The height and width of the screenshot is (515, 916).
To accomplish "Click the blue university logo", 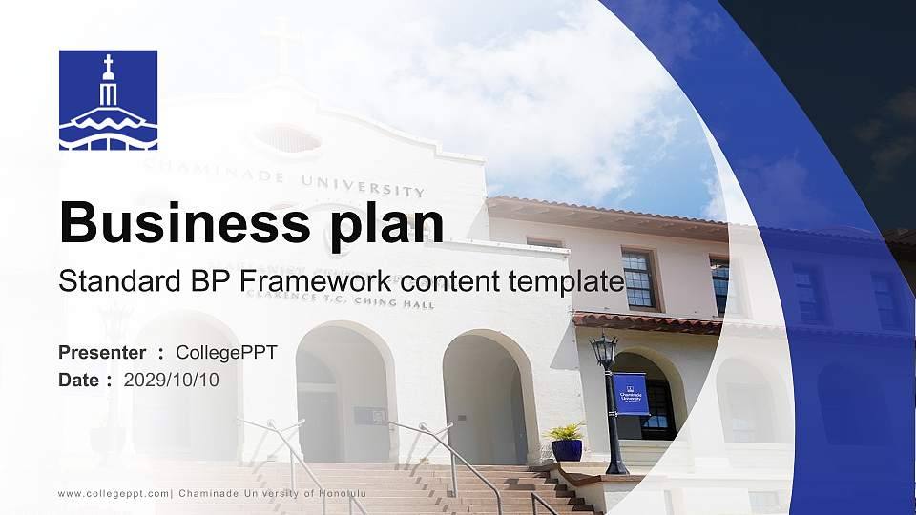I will coord(108,100).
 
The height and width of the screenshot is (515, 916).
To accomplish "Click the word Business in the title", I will coord(177,222).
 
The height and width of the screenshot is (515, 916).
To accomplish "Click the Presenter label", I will coord(102,353).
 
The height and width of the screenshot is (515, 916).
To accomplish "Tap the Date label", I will coord(79,380).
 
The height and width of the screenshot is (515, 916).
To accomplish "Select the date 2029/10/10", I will coord(172,380).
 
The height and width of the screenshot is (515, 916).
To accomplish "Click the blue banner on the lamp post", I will coord(631,393).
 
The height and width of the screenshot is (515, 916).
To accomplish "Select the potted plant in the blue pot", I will coord(567,443).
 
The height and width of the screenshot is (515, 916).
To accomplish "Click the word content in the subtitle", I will coord(454,282).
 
